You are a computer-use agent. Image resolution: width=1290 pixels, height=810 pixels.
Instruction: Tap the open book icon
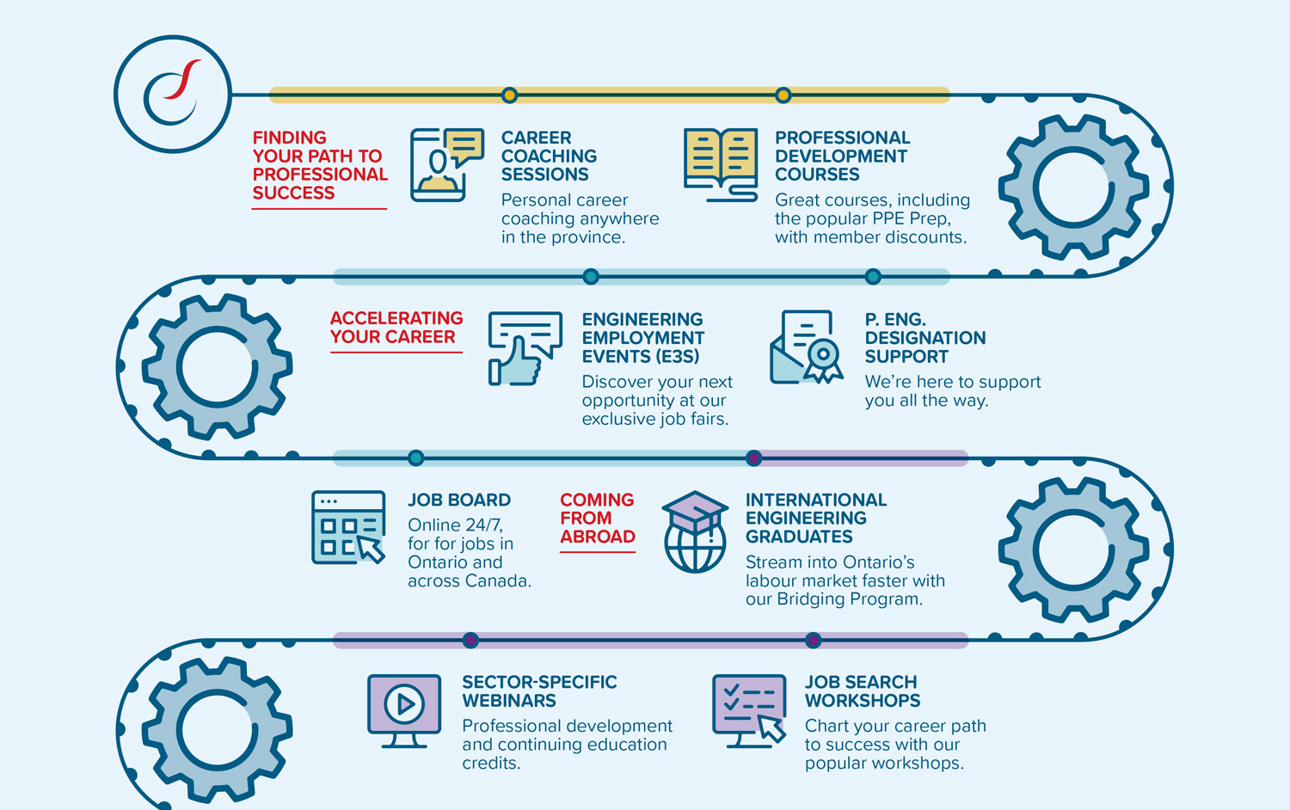click(721, 164)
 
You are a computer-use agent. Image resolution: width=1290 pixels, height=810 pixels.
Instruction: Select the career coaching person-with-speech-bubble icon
click(447, 164)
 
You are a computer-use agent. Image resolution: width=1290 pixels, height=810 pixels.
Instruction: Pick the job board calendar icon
click(348, 527)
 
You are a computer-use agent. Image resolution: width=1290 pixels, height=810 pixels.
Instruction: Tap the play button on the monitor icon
click(404, 703)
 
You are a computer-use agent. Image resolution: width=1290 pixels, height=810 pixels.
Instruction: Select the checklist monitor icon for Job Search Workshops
click(749, 711)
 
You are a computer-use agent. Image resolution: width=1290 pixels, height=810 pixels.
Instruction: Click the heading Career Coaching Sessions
click(549, 156)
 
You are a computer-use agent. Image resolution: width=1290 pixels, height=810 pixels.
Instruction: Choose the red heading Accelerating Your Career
click(396, 328)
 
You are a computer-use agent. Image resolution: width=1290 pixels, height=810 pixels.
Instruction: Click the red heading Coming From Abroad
click(597, 519)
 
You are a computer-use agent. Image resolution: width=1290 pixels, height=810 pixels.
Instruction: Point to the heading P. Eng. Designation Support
click(924, 338)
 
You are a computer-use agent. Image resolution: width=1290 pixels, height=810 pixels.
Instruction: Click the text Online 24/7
click(455, 525)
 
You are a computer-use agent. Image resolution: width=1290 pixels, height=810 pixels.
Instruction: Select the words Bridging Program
click(850, 599)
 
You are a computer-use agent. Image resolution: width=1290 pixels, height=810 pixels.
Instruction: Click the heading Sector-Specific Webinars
click(539, 691)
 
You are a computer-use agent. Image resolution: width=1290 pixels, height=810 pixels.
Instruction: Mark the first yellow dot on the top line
click(509, 95)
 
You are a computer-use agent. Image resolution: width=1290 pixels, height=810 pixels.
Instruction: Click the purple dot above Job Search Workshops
click(814, 640)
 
